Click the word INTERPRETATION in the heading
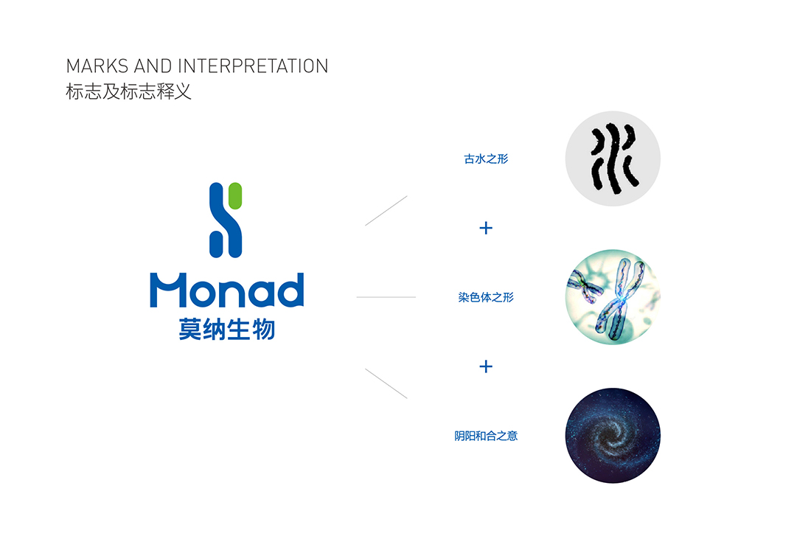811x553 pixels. point(253,66)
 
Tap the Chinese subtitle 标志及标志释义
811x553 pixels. point(128,91)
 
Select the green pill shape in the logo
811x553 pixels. point(234,195)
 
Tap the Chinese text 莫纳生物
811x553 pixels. point(226,329)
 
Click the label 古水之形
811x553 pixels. point(486,159)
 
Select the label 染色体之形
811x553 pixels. point(486,297)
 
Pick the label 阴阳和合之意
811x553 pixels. point(486,436)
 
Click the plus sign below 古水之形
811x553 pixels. point(486,228)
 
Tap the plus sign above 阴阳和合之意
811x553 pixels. point(486,366)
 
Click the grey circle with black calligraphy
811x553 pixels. point(613,159)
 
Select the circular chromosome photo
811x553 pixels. point(613,297)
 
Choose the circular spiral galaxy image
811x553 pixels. point(613,436)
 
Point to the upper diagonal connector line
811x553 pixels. point(386,211)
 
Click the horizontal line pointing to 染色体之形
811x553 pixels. point(386,297)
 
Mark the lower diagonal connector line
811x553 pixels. point(386,383)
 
